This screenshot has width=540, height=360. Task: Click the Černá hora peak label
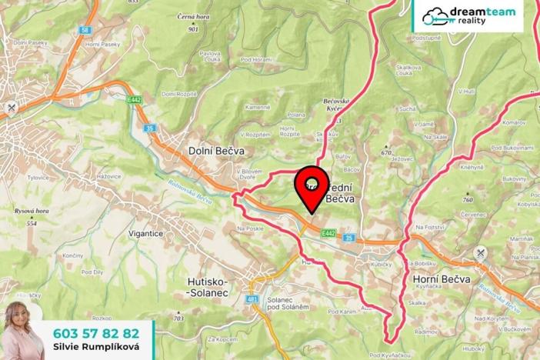tap(191, 16)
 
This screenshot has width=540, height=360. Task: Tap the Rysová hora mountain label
tap(32, 210)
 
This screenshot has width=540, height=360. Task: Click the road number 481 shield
tap(252, 298)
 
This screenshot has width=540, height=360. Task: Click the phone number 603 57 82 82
tap(96, 333)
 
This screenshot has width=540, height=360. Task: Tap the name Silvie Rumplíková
tap(96, 348)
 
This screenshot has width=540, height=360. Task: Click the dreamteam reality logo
tap(468, 15)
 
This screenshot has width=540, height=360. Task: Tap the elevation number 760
tap(468, 200)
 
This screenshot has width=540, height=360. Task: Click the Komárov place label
tap(513, 122)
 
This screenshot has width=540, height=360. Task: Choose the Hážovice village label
tap(108, 176)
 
